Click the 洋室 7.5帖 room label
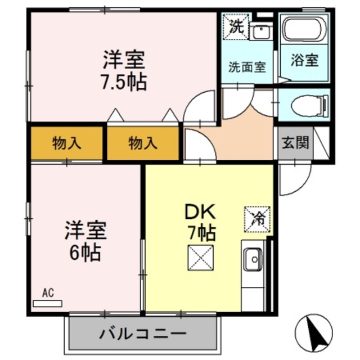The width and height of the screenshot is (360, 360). point(124,70)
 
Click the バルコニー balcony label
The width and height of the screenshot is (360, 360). point(143,334)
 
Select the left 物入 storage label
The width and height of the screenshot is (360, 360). point(67,143)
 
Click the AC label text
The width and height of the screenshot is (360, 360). point(47,292)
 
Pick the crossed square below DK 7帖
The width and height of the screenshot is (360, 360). point(201,258)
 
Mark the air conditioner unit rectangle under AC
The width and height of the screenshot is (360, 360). point(47,303)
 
